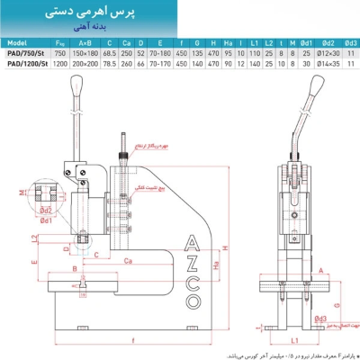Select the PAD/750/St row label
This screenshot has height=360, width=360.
(22, 52)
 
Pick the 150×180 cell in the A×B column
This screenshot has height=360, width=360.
(85, 52)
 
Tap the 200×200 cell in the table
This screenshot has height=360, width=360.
(85, 62)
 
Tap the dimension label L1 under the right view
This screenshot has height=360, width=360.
(294, 337)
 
